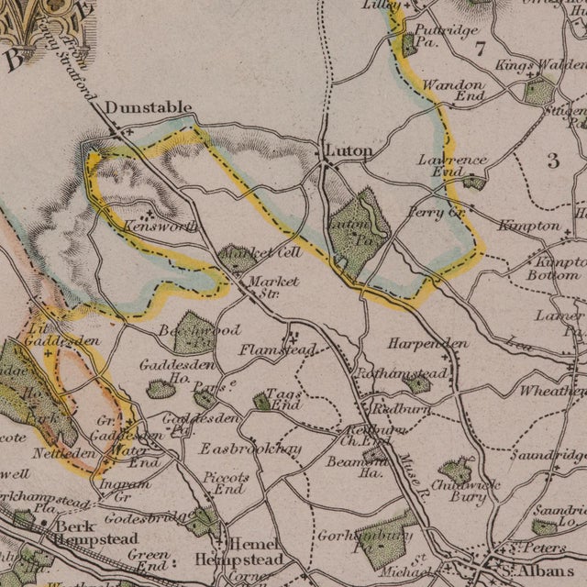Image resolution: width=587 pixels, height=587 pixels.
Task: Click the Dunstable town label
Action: click(148, 107)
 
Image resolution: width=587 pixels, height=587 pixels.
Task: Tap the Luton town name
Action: click(349, 150)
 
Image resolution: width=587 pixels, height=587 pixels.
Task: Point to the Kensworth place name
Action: click(146, 225)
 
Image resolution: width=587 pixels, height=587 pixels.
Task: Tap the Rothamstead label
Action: click(403, 374)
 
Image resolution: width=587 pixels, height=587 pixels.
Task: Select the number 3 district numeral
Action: click(552, 161)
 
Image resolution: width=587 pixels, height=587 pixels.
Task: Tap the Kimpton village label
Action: click(528, 226)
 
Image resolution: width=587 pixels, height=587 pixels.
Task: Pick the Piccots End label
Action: click(225, 482)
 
